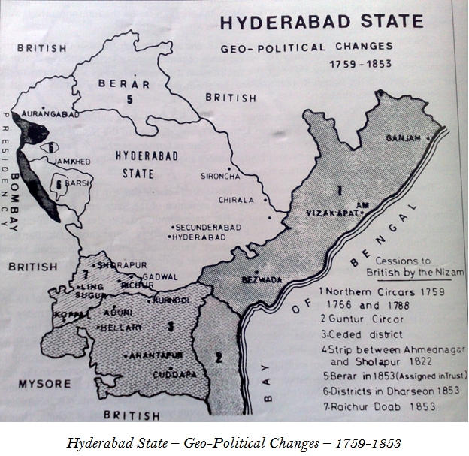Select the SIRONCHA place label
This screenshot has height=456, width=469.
pos(222,176)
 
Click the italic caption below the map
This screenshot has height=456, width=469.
pos(234,442)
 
